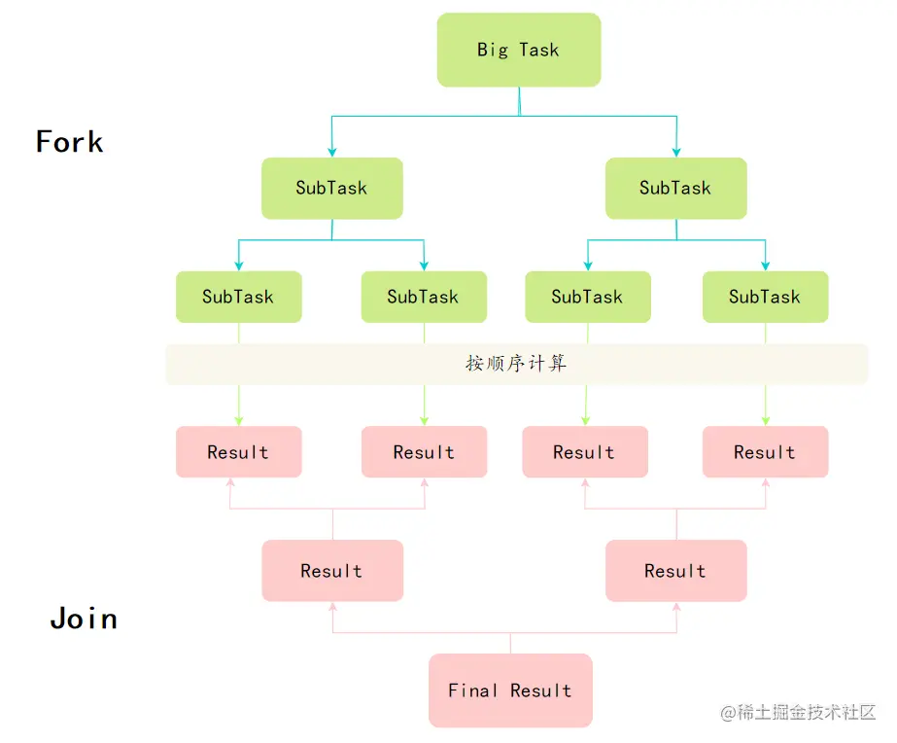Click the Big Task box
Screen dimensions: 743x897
click(518, 50)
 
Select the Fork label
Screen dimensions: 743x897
click(70, 142)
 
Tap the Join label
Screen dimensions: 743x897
click(84, 619)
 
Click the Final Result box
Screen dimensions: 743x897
click(510, 690)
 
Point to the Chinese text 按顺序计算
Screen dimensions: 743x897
click(516, 364)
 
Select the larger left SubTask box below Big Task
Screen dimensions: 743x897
click(331, 188)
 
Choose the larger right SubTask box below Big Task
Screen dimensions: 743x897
click(675, 188)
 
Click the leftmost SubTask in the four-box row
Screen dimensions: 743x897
click(238, 297)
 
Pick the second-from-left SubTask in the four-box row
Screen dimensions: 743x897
click(423, 297)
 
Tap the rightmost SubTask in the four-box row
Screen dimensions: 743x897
click(765, 297)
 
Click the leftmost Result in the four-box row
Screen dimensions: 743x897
click(238, 452)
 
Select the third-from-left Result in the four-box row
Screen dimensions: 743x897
click(584, 452)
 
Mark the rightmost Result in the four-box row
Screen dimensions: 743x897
click(765, 452)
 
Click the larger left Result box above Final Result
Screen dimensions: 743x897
click(331, 571)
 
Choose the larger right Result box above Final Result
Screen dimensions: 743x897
click(675, 571)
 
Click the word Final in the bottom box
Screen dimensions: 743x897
click(473, 690)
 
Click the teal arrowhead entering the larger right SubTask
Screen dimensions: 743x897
click(676, 152)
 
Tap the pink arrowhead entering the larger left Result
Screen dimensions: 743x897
click(332, 607)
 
